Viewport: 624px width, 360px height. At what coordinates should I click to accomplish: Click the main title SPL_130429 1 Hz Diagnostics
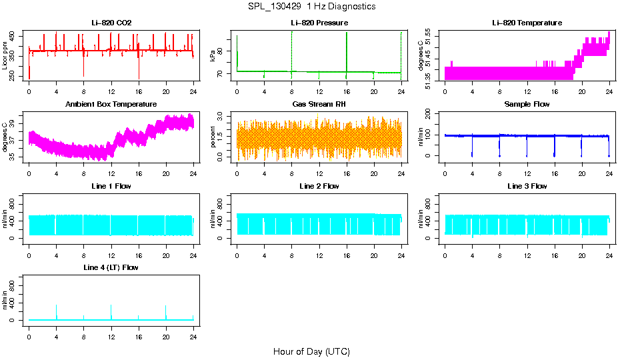click(x=311, y=7)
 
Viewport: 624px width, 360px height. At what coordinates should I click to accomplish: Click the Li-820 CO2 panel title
click(x=111, y=23)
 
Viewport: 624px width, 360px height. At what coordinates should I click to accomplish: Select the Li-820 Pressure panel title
click(x=319, y=23)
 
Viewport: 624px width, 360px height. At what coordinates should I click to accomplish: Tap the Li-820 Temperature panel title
click(x=527, y=23)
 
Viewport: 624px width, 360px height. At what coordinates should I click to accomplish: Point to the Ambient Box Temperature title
click(x=111, y=105)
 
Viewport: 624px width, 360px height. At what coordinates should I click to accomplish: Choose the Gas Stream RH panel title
click(x=319, y=105)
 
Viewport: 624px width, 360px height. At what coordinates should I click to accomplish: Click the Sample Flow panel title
click(x=527, y=105)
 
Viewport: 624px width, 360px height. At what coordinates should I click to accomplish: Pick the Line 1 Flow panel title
click(x=111, y=186)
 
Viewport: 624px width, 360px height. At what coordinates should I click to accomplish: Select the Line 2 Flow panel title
click(x=319, y=186)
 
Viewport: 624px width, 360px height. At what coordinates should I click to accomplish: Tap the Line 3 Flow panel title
click(x=527, y=186)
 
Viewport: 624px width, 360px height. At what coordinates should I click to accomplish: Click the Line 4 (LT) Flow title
click(x=111, y=267)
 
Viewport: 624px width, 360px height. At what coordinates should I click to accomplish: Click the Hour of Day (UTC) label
click(x=311, y=351)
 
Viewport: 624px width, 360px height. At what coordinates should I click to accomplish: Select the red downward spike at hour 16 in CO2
click(x=139, y=70)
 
